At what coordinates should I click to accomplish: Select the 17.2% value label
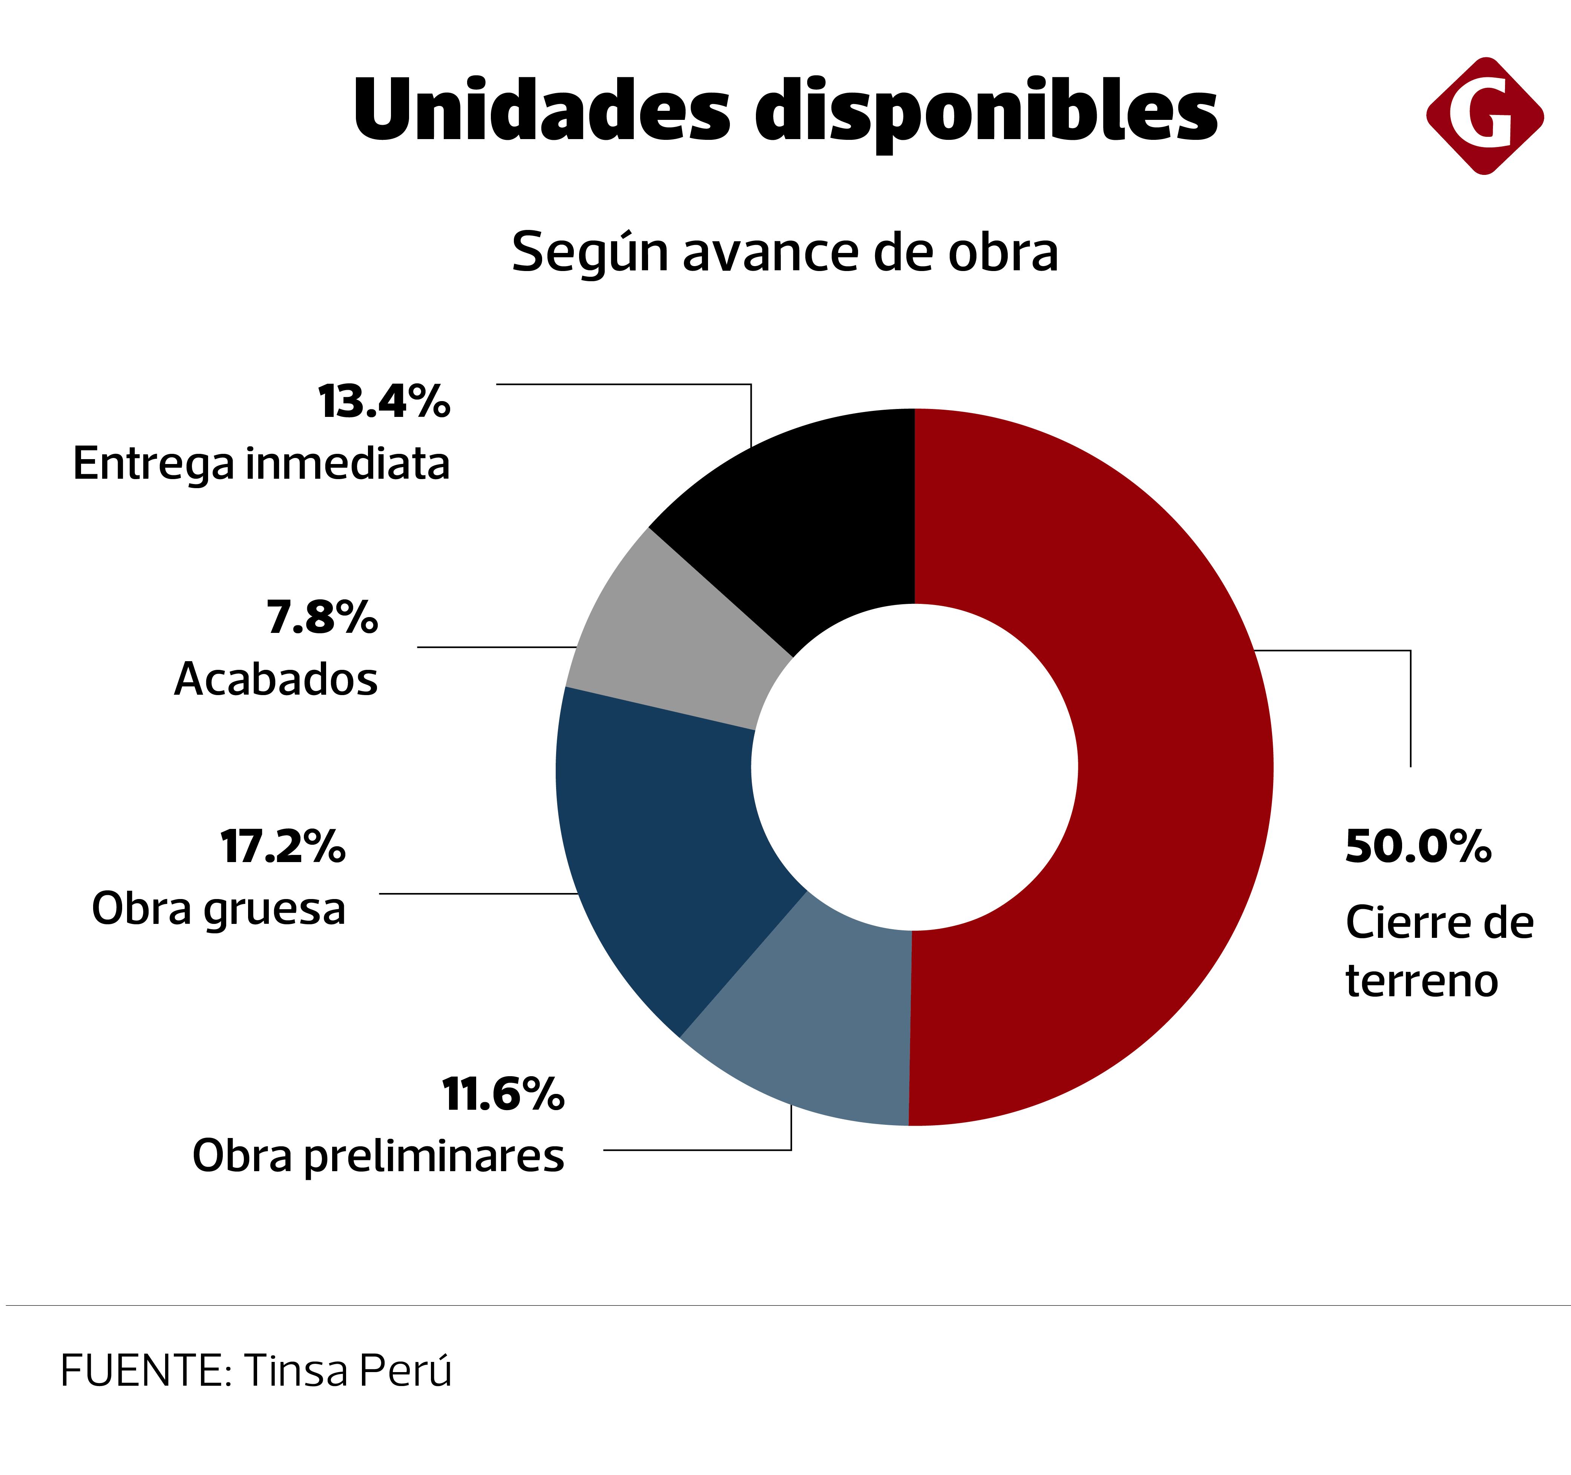[x=283, y=847]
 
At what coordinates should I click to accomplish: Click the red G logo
[x=1484, y=116]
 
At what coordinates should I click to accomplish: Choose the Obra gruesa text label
[x=219, y=908]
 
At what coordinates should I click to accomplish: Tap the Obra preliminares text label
[x=379, y=1156]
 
